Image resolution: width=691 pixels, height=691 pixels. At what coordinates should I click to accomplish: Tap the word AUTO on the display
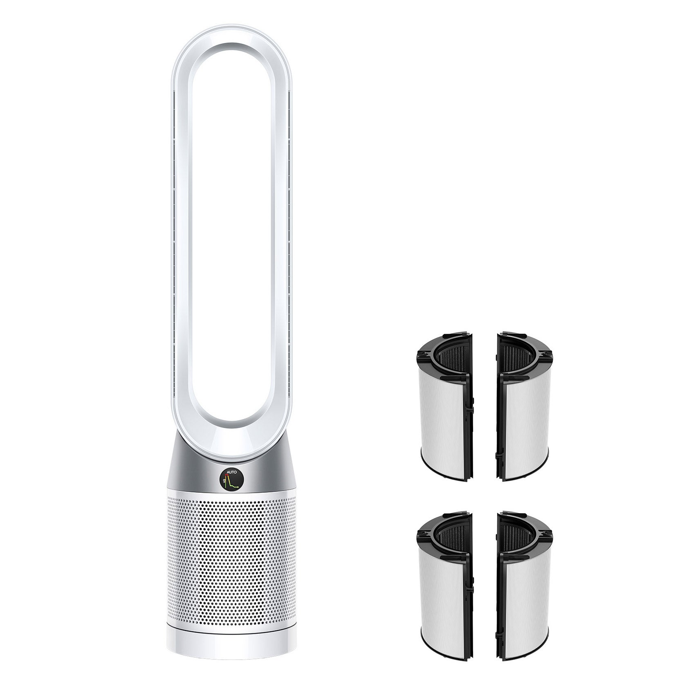(232, 472)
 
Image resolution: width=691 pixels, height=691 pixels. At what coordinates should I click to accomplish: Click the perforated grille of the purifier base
(231, 548)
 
